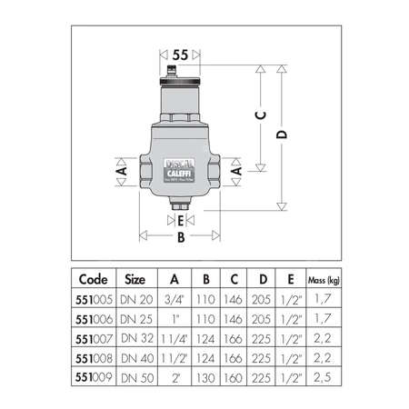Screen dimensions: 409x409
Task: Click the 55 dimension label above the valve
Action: coord(180,55)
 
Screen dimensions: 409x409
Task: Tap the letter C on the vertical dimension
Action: coord(261,115)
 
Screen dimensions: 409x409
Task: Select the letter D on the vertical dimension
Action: coord(283,134)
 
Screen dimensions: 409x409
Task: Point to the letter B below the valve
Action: coord(180,237)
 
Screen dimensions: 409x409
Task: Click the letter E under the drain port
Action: coord(181,220)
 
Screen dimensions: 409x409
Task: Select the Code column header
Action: coord(95,280)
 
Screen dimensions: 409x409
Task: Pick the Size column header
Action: coord(135,280)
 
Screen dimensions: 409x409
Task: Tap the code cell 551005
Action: coord(95,297)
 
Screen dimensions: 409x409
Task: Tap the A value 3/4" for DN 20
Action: coord(175,297)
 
